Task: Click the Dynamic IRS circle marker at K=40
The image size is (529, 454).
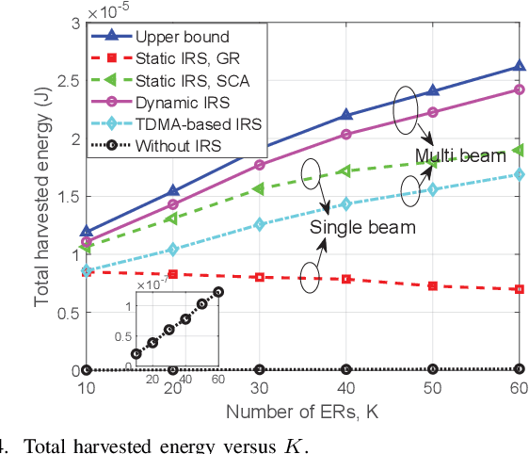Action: point(345,135)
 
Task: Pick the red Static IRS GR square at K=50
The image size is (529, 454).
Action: point(432,285)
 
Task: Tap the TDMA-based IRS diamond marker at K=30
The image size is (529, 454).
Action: point(259,224)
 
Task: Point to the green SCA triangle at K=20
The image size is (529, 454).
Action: point(172,218)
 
